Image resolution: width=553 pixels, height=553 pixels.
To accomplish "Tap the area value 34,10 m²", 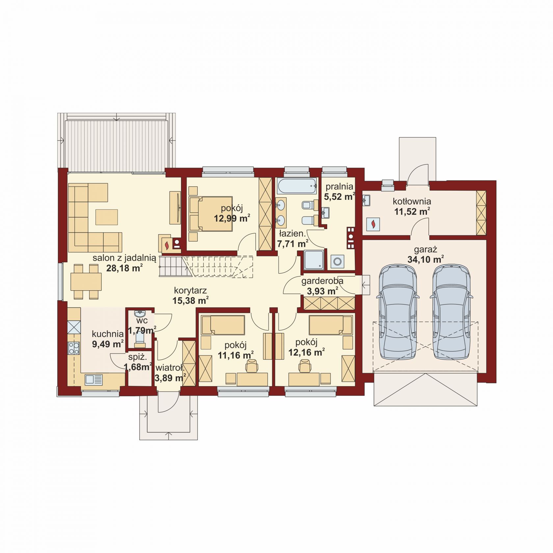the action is pos(426,259).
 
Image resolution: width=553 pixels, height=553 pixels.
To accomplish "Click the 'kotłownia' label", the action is pos(412,201).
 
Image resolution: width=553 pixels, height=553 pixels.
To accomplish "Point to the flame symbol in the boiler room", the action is pos(373,224).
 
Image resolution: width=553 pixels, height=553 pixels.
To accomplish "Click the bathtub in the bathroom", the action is pos(297,186).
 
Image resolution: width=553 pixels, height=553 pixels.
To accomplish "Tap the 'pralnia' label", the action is pos(339,187).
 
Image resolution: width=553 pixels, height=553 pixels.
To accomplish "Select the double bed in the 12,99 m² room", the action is pos(210,213).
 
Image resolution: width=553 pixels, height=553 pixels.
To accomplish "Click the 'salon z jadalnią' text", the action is pos(124,258).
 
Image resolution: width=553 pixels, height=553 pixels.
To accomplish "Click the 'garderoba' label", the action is pos(322,281).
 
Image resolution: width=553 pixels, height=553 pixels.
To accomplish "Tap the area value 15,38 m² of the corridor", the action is pos(191,300).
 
